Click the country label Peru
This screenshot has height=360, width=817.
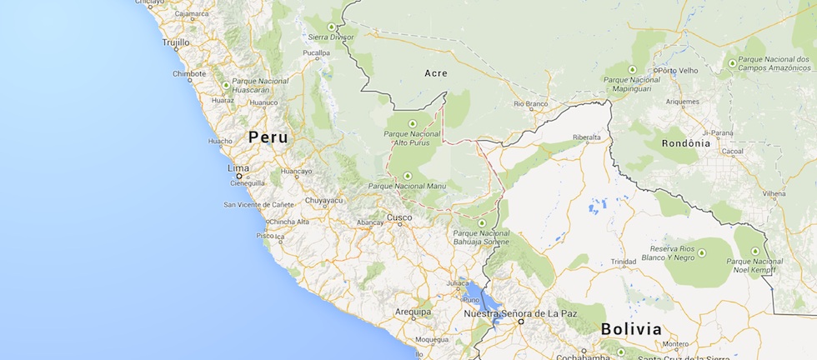tap(268, 137)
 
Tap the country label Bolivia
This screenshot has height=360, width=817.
tap(631, 328)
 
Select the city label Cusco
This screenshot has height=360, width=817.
tap(398, 217)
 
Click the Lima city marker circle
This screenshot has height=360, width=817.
tap(238, 176)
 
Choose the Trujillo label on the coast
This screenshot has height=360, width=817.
tap(176, 42)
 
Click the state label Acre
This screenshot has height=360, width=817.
tap(436, 73)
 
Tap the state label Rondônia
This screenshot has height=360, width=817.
tap(686, 142)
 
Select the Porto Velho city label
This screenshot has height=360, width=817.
tap(677, 71)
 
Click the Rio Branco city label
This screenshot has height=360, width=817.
tap(530, 104)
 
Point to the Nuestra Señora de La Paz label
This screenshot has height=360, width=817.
tap(520, 313)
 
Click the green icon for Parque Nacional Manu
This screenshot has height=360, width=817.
tap(407, 175)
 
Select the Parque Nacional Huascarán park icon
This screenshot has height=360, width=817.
tap(226, 85)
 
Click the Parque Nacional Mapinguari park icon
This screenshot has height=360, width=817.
tap(632, 69)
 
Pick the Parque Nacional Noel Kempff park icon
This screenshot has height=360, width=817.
tap(756, 252)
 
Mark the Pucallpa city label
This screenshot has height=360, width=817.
tap(316, 52)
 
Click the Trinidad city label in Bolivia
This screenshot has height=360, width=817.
tap(623, 262)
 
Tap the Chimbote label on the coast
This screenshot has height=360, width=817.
tap(189, 73)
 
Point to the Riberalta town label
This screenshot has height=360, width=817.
tap(586, 137)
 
